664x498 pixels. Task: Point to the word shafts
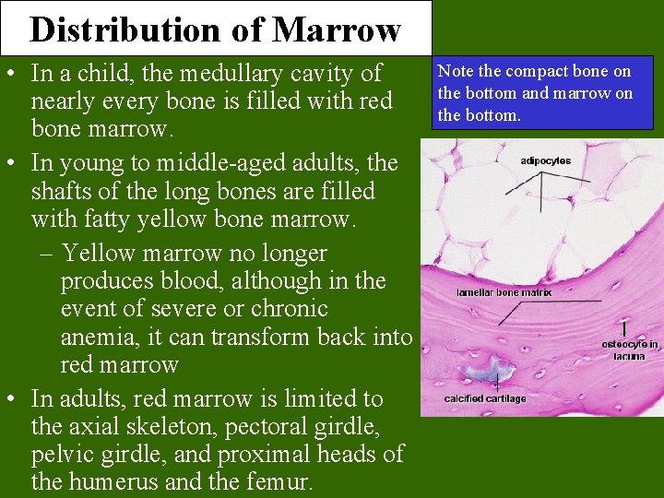pyautogui.click(x=63, y=191)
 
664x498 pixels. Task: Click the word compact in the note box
pyautogui.click(x=538, y=71)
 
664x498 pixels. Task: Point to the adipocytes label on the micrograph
pyautogui.click(x=545, y=160)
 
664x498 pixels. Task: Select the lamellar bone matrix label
pyautogui.click(x=504, y=292)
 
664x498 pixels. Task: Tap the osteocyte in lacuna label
pyautogui.click(x=630, y=350)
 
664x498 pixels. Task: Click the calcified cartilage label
pyautogui.click(x=484, y=398)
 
